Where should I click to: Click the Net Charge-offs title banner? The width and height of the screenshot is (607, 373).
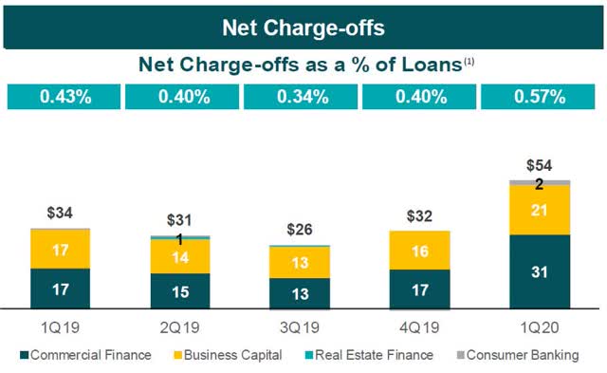[303, 27]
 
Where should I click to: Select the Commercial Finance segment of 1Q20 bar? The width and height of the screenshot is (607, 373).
[540, 271]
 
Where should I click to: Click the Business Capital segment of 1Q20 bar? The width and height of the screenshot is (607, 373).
[540, 210]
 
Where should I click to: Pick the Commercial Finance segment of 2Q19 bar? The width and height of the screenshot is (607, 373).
[180, 290]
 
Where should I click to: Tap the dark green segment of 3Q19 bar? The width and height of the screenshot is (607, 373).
[300, 293]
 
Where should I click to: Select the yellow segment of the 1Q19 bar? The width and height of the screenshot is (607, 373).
[60, 249]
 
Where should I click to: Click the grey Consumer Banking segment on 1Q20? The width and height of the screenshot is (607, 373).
[540, 181]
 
